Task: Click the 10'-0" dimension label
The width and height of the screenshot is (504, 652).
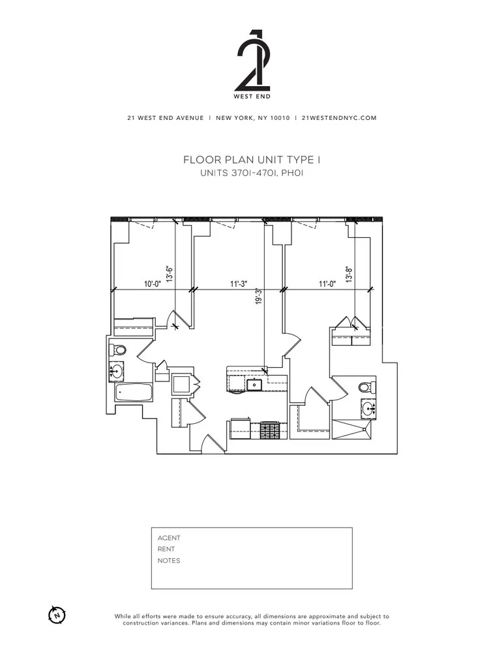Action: tap(153, 284)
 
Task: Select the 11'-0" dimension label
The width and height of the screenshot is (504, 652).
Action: tap(327, 284)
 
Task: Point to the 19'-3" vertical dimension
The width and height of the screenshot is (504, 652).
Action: tap(259, 297)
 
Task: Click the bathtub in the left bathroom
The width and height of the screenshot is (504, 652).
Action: tap(134, 393)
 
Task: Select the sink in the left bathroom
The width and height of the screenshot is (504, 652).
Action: tap(116, 372)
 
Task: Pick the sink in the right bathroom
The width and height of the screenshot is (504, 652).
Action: tap(368, 409)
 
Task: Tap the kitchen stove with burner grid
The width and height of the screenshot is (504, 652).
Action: tap(271, 431)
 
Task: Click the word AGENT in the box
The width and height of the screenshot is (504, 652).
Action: tap(169, 538)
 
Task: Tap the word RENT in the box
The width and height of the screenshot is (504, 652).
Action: tap(166, 549)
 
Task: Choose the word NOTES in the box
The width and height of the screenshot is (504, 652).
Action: tap(169, 561)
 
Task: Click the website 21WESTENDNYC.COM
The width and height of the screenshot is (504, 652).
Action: tap(338, 118)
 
